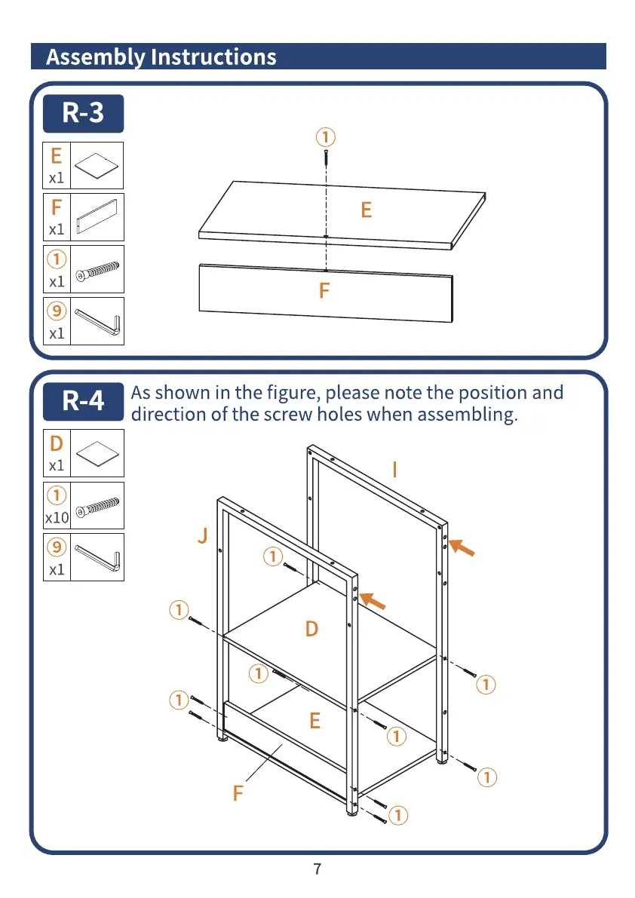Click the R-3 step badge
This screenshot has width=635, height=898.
point(83,114)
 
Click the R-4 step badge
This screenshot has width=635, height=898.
point(83,401)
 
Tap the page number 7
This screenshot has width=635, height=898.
point(317,869)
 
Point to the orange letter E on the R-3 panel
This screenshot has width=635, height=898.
point(367,210)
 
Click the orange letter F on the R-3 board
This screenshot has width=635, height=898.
point(324,290)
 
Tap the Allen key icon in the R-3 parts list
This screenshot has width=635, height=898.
point(97,322)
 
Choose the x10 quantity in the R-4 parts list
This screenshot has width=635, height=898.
point(57,518)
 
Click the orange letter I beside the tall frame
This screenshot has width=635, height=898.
point(394,470)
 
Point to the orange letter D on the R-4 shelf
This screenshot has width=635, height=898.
point(311,629)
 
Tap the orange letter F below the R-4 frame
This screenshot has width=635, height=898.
point(238,793)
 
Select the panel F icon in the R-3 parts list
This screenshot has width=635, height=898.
point(97,217)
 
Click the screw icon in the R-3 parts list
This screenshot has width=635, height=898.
point(97,269)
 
